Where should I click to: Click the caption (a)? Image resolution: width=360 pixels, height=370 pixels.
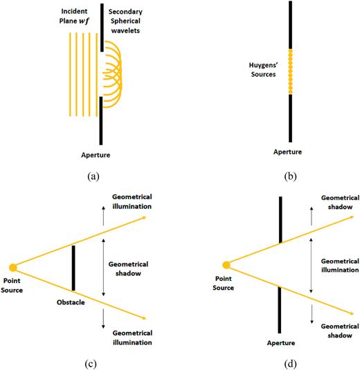coord(96,177)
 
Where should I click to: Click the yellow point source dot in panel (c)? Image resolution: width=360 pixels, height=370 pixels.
coord(12,267)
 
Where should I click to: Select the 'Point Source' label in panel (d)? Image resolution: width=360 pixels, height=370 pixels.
coord(226,283)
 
